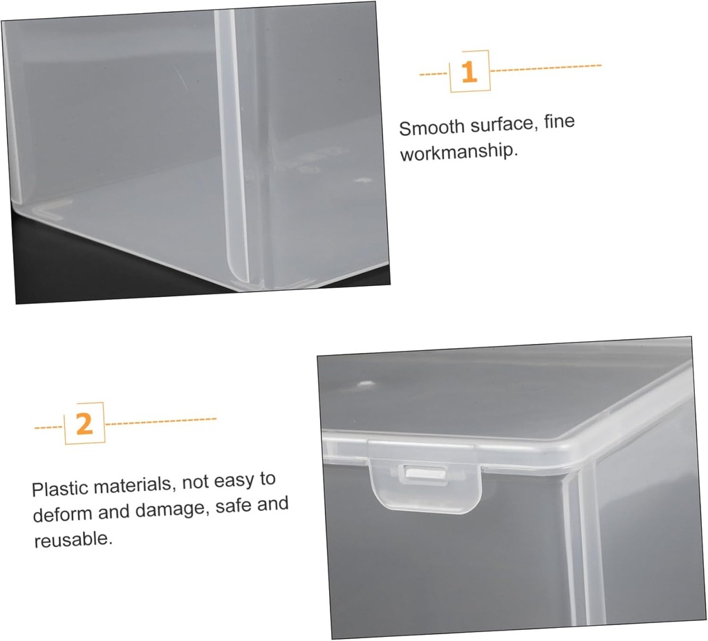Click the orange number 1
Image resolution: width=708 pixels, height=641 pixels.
coord(469,72)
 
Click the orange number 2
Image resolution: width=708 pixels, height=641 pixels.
coord(84,423)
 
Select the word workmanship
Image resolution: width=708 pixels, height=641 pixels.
coord(458,152)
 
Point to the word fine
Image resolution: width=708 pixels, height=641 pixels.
coord(559,122)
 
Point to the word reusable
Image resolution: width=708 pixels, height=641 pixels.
coord(73,539)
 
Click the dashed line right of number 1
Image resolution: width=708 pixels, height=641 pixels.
coord(546,68)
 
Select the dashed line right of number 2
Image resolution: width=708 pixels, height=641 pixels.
coord(160,420)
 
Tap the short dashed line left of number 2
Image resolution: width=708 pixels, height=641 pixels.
coord(49,426)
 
